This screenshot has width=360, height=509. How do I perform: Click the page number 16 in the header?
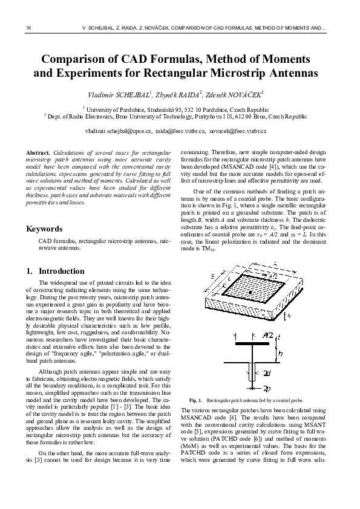(x=28, y=28)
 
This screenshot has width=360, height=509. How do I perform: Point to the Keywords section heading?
(x=44, y=229)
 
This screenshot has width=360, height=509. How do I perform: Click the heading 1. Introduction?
(x=56, y=271)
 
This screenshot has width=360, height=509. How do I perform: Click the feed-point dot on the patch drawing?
(x=249, y=293)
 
